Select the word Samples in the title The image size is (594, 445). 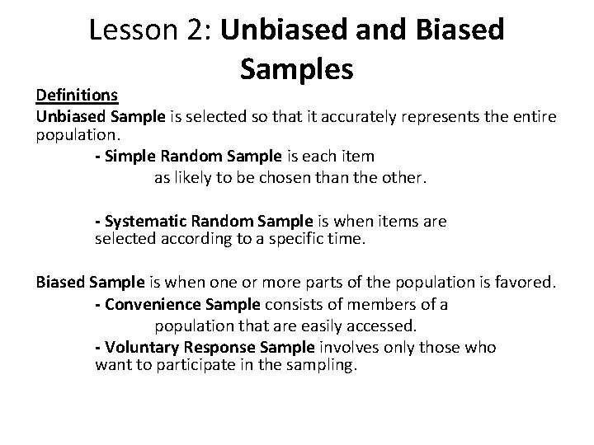[298, 70]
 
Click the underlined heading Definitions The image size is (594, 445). [77, 96]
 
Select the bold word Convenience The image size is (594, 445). [150, 305]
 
